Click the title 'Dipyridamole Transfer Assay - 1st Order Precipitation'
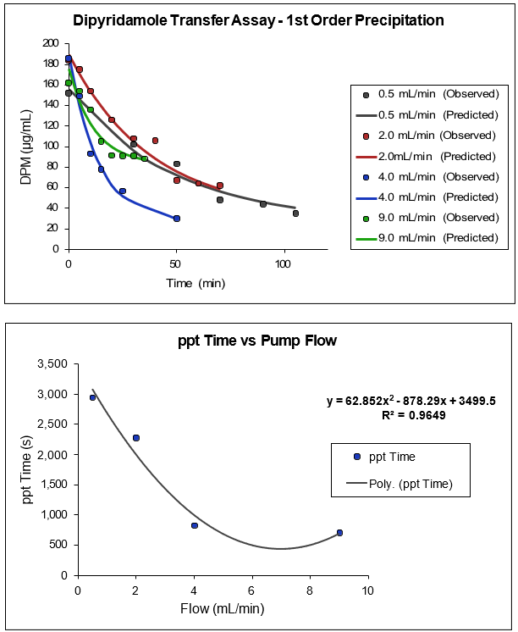point(257,20)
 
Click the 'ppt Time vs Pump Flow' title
point(257,341)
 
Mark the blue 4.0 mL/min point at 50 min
point(177,219)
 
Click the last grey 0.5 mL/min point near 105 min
point(295,213)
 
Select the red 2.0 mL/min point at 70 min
point(220,186)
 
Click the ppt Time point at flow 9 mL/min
point(339,533)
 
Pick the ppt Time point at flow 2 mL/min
point(136,438)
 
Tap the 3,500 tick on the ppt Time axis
point(52,365)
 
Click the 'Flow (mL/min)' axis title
point(223,607)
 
